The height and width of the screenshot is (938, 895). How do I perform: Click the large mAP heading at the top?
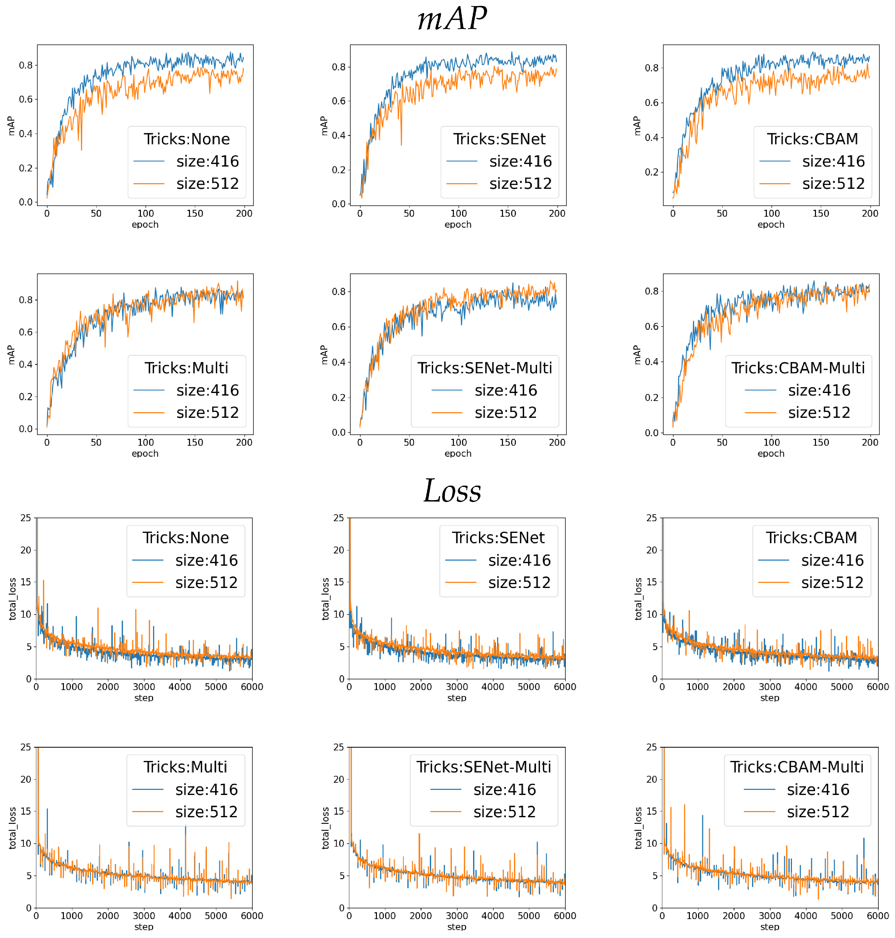[452, 19]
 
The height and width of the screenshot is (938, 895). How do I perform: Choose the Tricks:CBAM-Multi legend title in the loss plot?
[797, 767]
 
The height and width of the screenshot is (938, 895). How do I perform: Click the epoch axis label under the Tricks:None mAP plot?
[145, 224]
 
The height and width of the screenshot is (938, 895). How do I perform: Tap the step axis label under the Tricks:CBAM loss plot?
[769, 698]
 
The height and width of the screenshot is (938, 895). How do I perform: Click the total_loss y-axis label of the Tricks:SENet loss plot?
[325, 599]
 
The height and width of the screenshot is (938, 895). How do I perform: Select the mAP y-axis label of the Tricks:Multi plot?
[12, 355]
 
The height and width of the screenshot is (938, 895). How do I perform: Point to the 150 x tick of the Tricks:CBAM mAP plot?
[821, 213]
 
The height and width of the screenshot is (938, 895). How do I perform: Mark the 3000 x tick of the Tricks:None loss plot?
[144, 687]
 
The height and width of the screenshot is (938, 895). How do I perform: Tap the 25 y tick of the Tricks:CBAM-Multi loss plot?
[651, 747]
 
